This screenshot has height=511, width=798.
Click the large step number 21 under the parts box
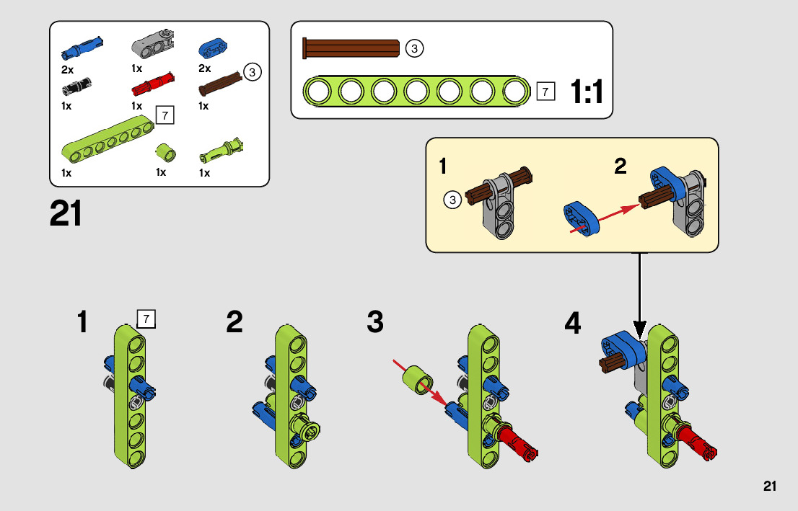click(x=66, y=213)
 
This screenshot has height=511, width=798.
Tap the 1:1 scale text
click(x=587, y=92)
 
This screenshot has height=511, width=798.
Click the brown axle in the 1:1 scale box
click(x=351, y=48)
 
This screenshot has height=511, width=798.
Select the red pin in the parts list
click(x=153, y=84)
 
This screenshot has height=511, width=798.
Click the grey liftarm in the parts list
click(x=153, y=43)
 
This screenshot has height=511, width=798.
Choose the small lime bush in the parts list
click(x=165, y=152)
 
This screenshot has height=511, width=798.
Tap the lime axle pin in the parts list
click(x=220, y=150)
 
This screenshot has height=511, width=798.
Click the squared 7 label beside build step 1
click(x=146, y=319)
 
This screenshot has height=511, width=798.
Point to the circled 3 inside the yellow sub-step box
click(x=452, y=200)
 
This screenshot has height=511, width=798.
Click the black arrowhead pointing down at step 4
click(x=639, y=329)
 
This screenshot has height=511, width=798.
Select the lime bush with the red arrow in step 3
click(x=417, y=380)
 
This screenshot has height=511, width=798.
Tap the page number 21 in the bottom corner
click(x=769, y=486)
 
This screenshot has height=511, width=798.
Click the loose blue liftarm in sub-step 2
click(x=582, y=218)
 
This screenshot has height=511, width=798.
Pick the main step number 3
click(x=375, y=322)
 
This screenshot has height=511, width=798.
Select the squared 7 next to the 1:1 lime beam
click(x=545, y=92)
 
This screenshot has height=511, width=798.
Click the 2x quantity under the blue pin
click(x=67, y=70)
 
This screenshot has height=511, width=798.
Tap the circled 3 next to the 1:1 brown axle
click(x=414, y=49)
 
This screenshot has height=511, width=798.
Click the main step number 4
click(x=573, y=323)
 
